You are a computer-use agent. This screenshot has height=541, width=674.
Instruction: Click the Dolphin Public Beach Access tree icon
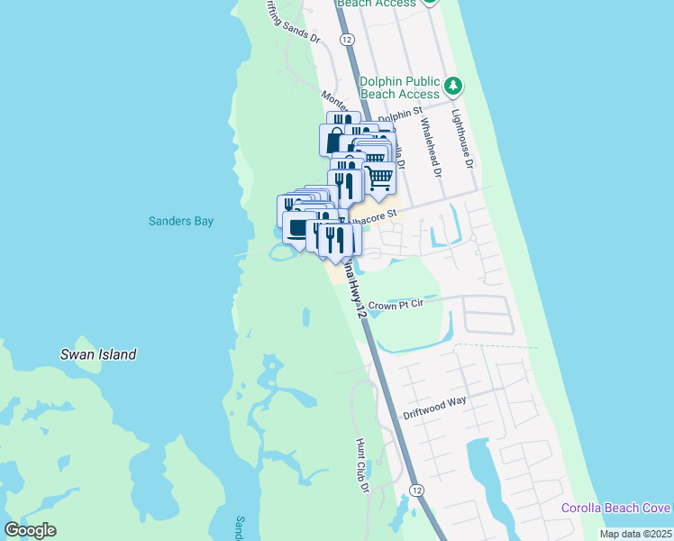(x=453, y=87)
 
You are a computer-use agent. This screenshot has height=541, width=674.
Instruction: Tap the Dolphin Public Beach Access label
(x=400, y=87)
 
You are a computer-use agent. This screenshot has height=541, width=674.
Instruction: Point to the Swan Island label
(x=98, y=354)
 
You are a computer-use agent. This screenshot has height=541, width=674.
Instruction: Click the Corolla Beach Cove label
(x=615, y=508)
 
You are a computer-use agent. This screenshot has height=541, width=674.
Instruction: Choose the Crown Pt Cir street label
(x=396, y=305)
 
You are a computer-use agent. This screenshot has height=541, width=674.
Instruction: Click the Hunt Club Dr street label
(x=363, y=465)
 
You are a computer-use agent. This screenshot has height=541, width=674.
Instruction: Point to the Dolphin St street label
(x=400, y=114)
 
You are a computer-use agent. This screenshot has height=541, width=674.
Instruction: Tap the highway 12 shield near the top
(x=346, y=39)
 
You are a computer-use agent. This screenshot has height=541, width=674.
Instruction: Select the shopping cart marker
(x=380, y=177)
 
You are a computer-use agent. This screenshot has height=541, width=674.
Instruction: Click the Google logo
(x=30, y=530)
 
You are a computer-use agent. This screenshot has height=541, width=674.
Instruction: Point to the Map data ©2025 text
(x=635, y=534)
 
